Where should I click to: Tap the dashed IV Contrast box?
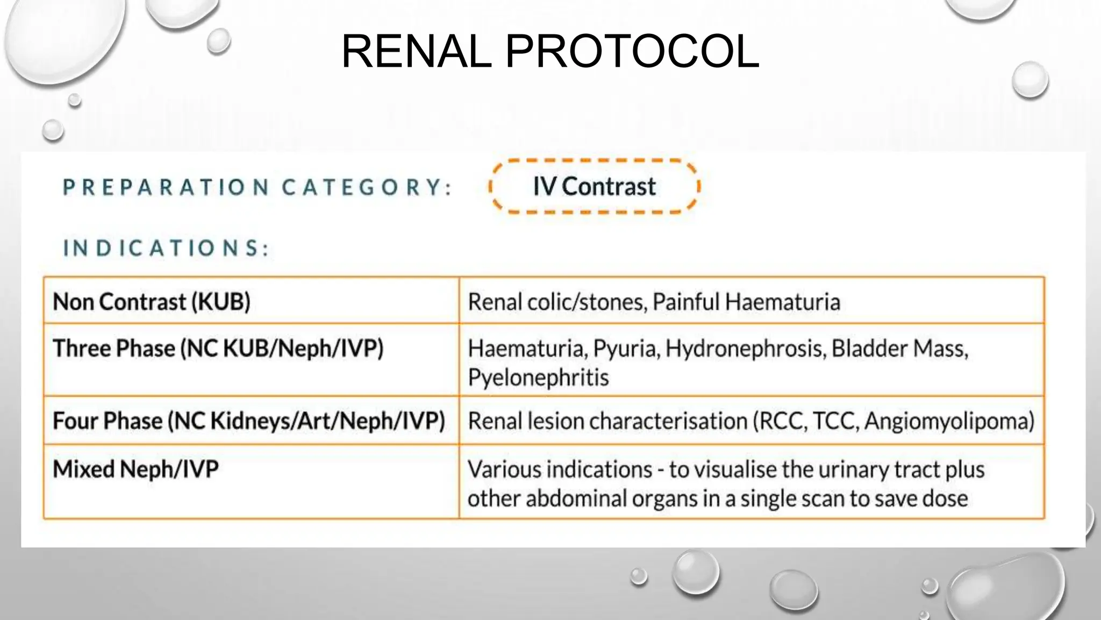[x=594, y=187]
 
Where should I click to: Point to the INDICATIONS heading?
[x=166, y=248]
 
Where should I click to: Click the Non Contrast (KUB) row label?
[x=152, y=302]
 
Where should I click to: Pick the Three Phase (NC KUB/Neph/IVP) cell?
[x=218, y=348]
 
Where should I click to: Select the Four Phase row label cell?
[x=248, y=421]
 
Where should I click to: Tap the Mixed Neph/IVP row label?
[x=135, y=469]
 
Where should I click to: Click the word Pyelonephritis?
[x=538, y=377]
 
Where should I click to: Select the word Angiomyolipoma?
[x=949, y=421]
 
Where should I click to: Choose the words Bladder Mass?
[x=899, y=349]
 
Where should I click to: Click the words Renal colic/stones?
[x=557, y=302]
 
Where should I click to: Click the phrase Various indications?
[x=560, y=469]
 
